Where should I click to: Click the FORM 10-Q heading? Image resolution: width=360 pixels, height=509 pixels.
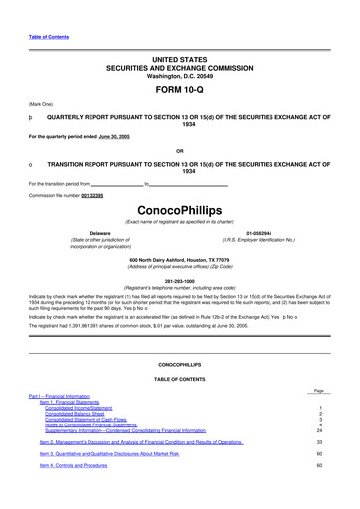[x=179, y=88]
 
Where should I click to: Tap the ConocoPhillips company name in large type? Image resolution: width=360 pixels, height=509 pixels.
[x=179, y=211]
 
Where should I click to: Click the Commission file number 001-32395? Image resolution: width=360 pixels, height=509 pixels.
[x=94, y=194]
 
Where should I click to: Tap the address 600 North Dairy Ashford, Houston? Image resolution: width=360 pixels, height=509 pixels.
[x=179, y=259]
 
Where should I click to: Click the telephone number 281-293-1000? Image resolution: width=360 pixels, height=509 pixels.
[x=179, y=280]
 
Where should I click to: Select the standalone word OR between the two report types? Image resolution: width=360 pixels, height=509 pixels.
[x=179, y=151]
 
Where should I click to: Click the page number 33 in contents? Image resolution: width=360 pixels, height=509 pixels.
[x=319, y=441]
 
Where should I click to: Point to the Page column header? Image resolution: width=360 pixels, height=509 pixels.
[x=318, y=391]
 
